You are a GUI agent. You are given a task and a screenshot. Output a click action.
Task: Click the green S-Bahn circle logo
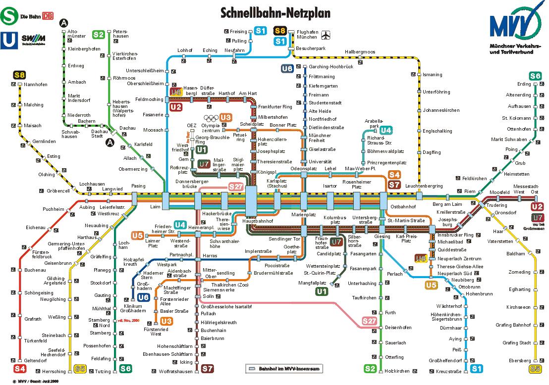[8, 16]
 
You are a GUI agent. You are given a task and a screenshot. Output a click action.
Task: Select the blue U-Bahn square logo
[8, 39]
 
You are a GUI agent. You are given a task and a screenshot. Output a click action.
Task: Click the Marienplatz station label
[303, 215]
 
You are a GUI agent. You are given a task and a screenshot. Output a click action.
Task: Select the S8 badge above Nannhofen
[19, 75]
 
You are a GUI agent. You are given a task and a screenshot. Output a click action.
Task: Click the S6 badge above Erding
[535, 76]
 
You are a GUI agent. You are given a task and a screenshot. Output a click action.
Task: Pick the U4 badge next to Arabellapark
[386, 130]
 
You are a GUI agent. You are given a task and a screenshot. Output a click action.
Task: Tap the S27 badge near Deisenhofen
[370, 321]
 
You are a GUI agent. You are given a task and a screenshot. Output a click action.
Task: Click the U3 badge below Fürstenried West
[166, 321]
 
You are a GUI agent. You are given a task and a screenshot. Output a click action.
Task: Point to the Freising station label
[238, 32]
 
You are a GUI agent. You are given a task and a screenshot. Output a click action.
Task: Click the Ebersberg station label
[520, 360]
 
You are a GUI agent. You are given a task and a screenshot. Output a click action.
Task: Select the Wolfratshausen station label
[175, 371]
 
